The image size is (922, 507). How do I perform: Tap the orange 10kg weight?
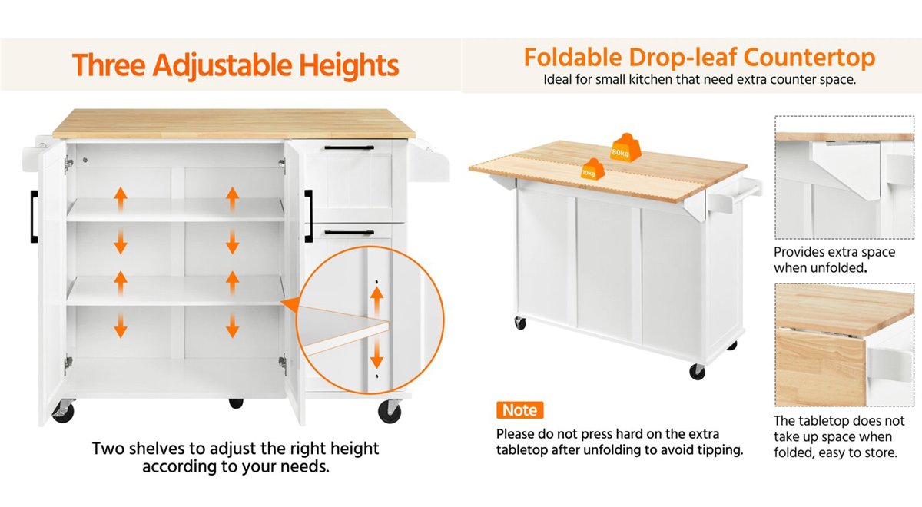tap(592, 169)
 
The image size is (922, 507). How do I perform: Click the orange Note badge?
tap(520, 410)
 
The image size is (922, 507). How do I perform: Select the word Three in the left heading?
tap(108, 65)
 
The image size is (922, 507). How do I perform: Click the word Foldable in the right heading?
tap(572, 58)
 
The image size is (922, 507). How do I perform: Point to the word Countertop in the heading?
tap(809, 58)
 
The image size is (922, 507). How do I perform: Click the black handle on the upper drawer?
tap(349, 147)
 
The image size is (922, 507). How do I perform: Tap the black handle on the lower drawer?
tap(349, 233)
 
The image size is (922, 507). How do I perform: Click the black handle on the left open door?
tap(34, 217)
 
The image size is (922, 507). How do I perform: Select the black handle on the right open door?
tap(308, 216)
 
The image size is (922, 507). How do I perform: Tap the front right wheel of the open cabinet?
tap(390, 411)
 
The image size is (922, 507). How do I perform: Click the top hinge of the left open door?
tap(68, 164)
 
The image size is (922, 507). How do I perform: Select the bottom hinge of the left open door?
tap(68, 365)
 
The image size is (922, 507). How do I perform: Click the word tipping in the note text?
tap(721, 450)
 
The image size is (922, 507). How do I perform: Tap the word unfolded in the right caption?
tap(841, 268)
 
